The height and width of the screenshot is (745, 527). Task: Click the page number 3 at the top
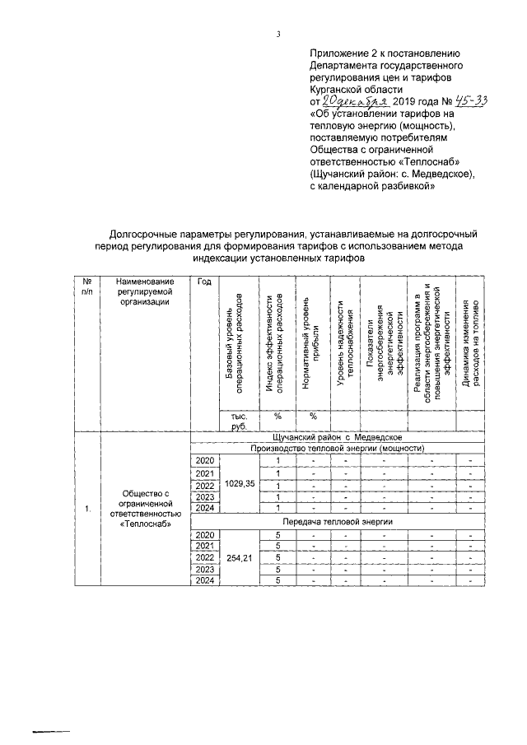[278, 34]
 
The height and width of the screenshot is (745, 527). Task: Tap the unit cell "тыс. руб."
[239, 421]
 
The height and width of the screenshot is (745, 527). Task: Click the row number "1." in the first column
[87, 509]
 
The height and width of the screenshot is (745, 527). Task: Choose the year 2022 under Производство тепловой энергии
[204, 485]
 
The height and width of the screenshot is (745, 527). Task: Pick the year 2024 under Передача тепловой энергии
[204, 581]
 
